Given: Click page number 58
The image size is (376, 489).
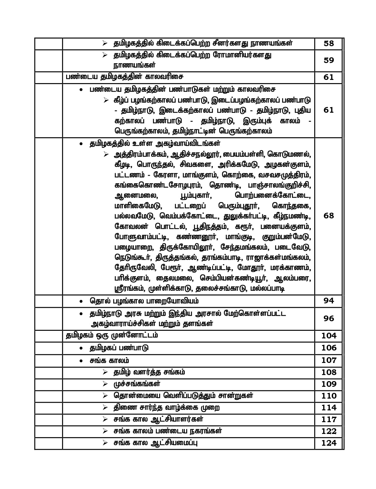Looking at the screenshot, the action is [329, 43].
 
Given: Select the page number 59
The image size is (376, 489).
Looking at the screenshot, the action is [329, 60].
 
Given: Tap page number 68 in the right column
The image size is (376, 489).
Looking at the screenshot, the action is [329, 216].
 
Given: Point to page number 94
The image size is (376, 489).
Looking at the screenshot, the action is [329, 301].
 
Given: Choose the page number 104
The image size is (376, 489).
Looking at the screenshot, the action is [329, 336].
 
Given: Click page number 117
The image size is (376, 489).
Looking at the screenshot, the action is [329, 419].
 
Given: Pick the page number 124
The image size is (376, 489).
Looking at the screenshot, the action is [329, 443].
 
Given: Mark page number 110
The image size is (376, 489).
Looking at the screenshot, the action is [329, 396].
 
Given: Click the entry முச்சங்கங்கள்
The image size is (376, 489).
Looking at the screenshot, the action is [137, 384].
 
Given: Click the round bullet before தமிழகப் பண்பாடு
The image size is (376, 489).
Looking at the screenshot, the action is [81, 348].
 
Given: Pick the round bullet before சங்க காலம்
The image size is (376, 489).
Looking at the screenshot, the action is [81, 361].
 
